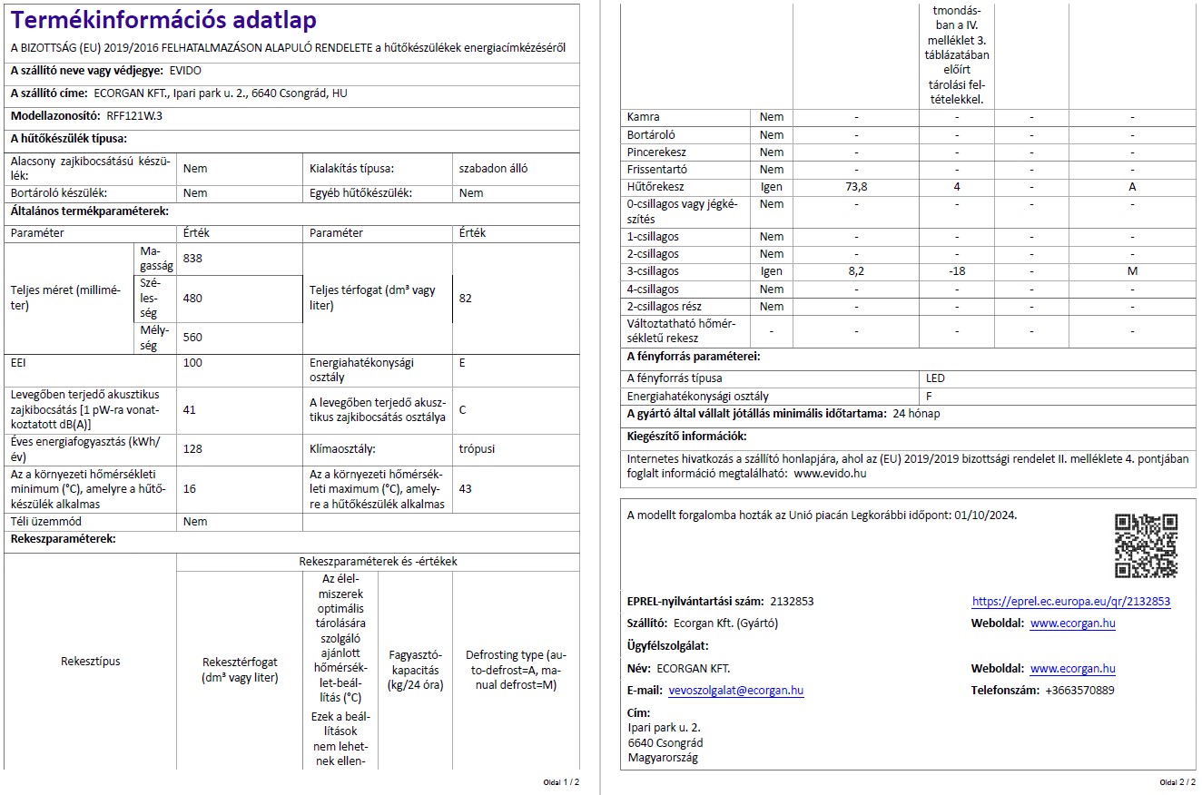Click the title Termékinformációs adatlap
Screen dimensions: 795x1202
(164, 20)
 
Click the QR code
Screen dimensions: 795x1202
(1146, 545)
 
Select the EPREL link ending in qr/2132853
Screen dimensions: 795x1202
(1070, 602)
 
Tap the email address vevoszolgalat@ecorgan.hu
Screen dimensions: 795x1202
(735, 691)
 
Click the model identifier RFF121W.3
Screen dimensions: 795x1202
(134, 116)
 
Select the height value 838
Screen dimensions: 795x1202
(192, 259)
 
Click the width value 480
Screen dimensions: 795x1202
(192, 298)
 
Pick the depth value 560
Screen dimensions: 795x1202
(192, 337)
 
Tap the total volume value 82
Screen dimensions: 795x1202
(466, 298)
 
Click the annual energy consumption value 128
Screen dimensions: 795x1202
(192, 448)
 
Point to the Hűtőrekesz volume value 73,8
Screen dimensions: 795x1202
(856, 187)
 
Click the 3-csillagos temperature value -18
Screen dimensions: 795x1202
(956, 271)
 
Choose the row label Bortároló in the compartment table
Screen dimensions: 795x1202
(651, 134)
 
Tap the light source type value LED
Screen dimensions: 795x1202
(935, 378)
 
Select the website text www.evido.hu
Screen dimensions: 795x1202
(830, 473)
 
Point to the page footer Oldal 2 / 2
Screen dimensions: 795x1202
(1176, 781)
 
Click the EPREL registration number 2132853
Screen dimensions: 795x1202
(792, 602)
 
